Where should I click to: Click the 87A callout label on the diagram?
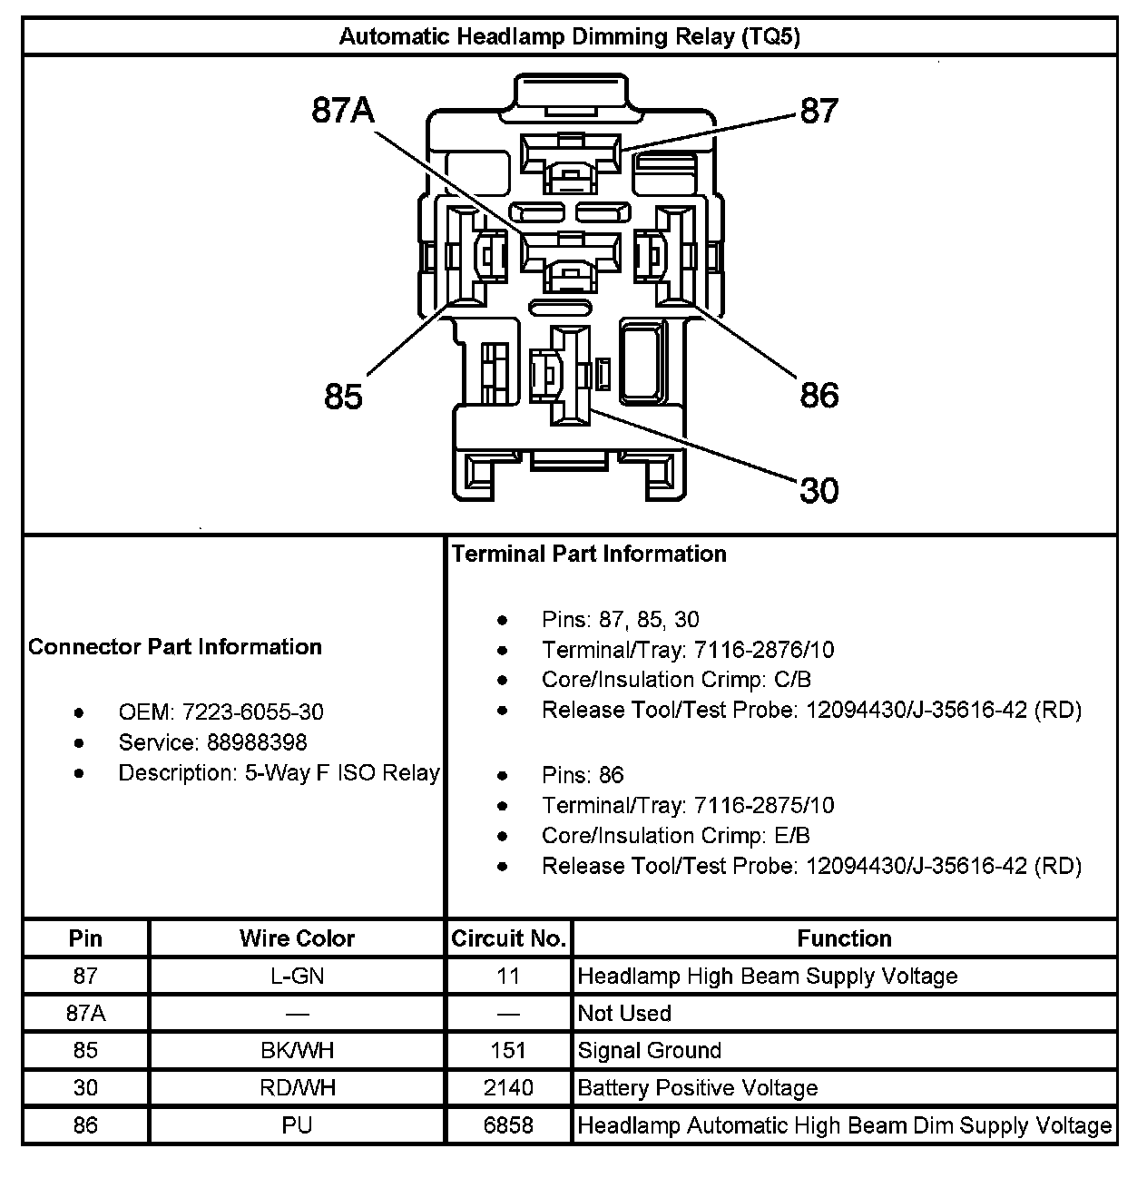point(342,111)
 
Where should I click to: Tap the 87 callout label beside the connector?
point(819,111)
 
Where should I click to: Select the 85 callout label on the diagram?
point(343,397)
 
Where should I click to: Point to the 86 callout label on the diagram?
point(819,396)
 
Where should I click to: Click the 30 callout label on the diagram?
point(819,490)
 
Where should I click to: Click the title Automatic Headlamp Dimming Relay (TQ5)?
point(569,36)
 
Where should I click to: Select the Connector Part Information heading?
point(175,647)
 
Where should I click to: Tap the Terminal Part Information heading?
point(589,554)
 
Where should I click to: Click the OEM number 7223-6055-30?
point(252,712)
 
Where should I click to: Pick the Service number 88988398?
point(257,742)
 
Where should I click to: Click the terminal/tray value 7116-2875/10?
point(763,805)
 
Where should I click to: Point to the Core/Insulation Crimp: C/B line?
point(676,680)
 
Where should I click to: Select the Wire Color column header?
point(297,938)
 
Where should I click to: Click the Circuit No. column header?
point(508,938)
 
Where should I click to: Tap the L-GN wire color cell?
point(297,976)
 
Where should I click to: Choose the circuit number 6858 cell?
point(508,1125)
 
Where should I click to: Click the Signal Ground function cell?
point(650,1051)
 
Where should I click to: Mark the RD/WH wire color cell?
point(297,1088)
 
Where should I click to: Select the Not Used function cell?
point(624,1013)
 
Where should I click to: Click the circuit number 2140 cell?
point(508,1088)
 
